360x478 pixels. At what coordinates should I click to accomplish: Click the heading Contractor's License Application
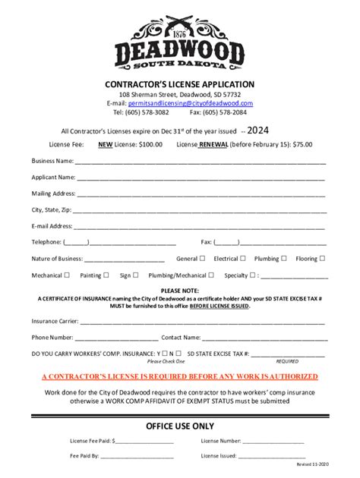tap(180, 83)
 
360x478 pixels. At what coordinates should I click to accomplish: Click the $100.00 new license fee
tap(150, 144)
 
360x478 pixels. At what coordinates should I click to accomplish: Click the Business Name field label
tap(52, 161)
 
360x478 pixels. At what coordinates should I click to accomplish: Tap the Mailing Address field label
tap(53, 193)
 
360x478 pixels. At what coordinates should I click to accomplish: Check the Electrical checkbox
tap(243, 258)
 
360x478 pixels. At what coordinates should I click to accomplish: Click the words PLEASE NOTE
tap(180, 291)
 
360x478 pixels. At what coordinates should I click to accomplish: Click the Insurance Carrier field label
tap(55, 321)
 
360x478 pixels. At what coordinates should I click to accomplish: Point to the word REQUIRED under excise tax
tap(287, 362)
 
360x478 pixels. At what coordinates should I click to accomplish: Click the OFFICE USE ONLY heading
tap(180, 426)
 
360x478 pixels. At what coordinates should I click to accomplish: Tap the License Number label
tap(220, 441)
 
